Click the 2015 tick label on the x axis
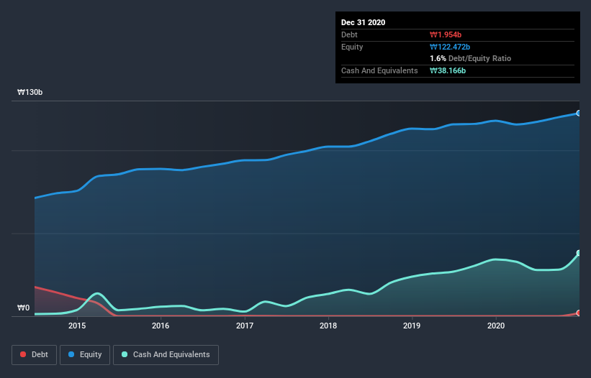click(77, 326)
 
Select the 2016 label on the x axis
click(161, 326)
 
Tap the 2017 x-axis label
click(245, 326)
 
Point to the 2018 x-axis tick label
click(328, 326)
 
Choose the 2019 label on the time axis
click(412, 326)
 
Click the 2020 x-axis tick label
click(496, 326)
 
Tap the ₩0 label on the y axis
click(24, 308)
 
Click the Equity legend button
click(84, 354)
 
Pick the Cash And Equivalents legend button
click(166, 354)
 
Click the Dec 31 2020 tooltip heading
click(363, 22)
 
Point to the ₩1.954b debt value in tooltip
click(446, 34)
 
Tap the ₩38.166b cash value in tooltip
click(448, 70)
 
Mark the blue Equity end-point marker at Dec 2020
click(578, 113)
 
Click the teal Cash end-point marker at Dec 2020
click(578, 253)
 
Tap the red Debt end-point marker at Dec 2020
click(578, 313)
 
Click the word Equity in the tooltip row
click(352, 47)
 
